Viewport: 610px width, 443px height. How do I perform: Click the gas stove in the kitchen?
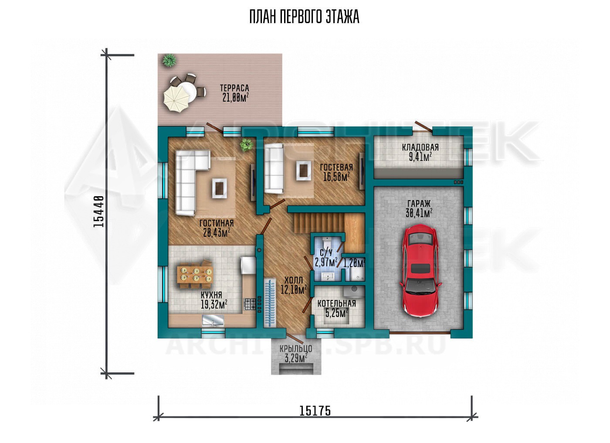pyautogui.click(x=250, y=304)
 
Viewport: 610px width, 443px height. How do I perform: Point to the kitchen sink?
pyautogui.click(x=213, y=320)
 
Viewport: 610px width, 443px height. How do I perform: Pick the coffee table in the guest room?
pyautogui.click(x=303, y=170)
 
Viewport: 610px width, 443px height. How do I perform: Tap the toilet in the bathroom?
pyautogui.click(x=326, y=242)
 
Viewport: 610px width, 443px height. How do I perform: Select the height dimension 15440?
pyautogui.click(x=98, y=211)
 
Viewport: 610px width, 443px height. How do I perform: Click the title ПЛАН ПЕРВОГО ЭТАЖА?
pyautogui.click(x=304, y=17)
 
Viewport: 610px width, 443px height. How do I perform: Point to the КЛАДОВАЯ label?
pyautogui.click(x=420, y=147)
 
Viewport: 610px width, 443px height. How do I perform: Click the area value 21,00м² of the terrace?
pyautogui.click(x=235, y=97)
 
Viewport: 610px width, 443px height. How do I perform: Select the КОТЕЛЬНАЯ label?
pyautogui.click(x=336, y=303)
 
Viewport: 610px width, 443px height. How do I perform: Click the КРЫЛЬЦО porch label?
pyautogui.click(x=296, y=349)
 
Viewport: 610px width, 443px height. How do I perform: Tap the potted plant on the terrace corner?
pyautogui.click(x=169, y=60)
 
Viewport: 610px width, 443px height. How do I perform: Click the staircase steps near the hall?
pyautogui.click(x=319, y=223)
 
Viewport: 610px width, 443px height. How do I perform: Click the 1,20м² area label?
pyautogui.click(x=354, y=263)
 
